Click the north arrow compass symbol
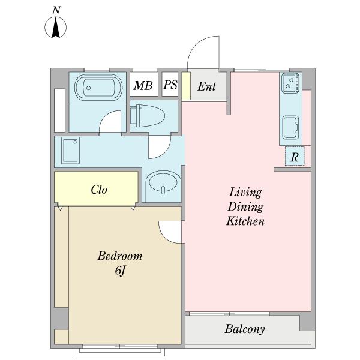click(x=56, y=28)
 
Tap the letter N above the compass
click(x=56, y=11)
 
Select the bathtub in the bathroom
click(x=98, y=88)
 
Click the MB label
click(x=143, y=85)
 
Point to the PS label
click(x=170, y=85)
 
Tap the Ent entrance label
click(x=206, y=86)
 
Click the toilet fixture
click(x=148, y=116)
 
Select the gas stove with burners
click(x=290, y=83)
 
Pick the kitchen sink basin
click(x=290, y=128)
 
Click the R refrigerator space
click(x=295, y=156)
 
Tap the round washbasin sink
click(x=163, y=182)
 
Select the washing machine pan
click(x=70, y=151)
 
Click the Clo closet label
click(x=99, y=190)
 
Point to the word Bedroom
click(x=120, y=256)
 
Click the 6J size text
click(x=121, y=271)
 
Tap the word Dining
click(x=245, y=206)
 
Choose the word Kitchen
click(x=245, y=221)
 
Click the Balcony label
click(x=245, y=329)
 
